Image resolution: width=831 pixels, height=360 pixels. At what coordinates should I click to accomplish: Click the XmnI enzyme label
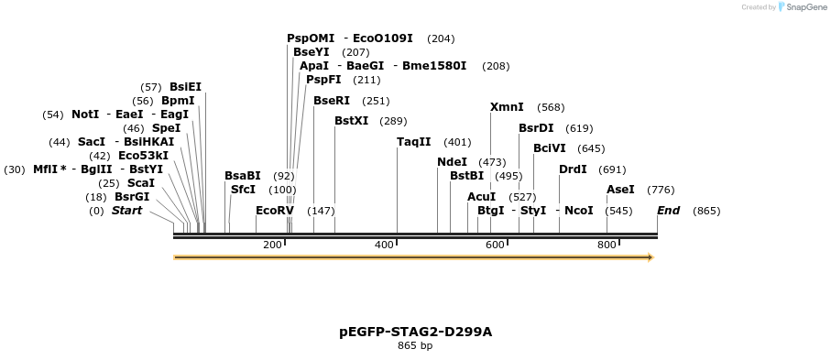pos(507,107)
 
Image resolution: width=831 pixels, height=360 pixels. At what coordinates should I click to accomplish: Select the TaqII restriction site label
pos(413,142)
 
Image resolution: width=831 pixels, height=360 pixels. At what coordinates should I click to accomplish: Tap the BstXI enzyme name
pos(351,121)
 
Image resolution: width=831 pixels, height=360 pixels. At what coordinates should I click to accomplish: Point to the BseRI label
pos(331,101)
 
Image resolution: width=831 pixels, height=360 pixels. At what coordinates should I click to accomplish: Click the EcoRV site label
pos(274,211)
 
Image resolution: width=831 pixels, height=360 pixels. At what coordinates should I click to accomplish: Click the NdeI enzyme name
pos(452,162)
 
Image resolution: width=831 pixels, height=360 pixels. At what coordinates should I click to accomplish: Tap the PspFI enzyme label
pos(323,80)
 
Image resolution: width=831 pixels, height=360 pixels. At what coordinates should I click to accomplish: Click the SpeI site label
pos(166,128)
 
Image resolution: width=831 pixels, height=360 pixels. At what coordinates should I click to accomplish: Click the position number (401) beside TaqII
pos(457,142)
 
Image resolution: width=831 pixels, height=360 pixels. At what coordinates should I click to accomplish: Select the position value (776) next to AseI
pos(661,190)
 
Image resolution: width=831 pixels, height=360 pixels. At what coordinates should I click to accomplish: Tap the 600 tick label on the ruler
pos(495,245)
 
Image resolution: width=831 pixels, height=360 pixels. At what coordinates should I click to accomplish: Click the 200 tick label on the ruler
pos(272,245)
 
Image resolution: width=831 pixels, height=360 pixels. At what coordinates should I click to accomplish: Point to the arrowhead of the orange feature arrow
pos(650,257)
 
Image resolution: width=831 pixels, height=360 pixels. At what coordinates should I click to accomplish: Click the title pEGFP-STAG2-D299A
pos(415,332)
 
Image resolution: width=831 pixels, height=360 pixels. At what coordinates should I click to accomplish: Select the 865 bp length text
pos(415,345)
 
